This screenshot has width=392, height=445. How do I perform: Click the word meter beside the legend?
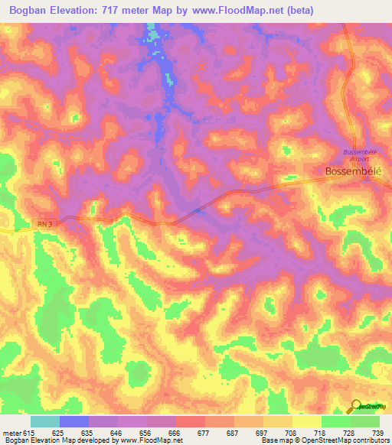pos(11,433)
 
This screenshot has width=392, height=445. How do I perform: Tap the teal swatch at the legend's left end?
pos(44,421)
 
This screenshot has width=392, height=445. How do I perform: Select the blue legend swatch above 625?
pos(73,421)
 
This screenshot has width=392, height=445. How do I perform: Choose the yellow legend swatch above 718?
pos(306,421)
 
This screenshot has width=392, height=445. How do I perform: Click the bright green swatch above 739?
pos(364,421)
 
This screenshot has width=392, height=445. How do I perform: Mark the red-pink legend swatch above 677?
pos(190,421)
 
